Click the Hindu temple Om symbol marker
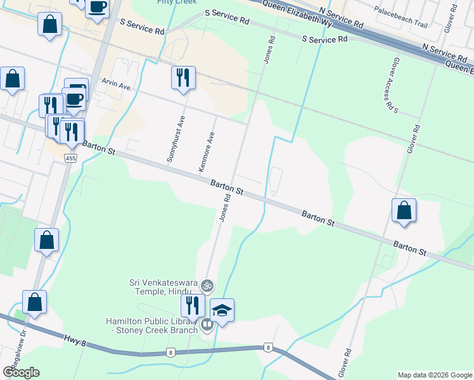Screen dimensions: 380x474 pyautogui.click(x=207, y=286)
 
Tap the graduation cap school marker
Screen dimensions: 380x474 pyautogui.click(x=222, y=311)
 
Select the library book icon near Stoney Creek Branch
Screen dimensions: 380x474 pyautogui.click(x=207, y=326)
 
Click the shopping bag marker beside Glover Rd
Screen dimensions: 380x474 pyautogui.click(x=404, y=210)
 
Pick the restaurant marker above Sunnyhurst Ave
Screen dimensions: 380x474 pyautogui.click(x=183, y=79)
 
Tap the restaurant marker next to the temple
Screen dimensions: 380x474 pyautogui.click(x=192, y=306)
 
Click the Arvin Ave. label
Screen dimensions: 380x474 pyautogui.click(x=116, y=84)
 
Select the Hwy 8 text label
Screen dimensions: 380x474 pyautogui.click(x=74, y=342)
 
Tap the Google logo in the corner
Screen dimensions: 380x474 pyautogui.click(x=21, y=372)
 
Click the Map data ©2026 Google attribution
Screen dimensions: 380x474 pyautogui.click(x=434, y=375)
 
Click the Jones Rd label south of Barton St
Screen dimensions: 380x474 pyautogui.click(x=224, y=208)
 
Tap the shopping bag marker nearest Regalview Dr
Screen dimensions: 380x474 pyautogui.click(x=34, y=303)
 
